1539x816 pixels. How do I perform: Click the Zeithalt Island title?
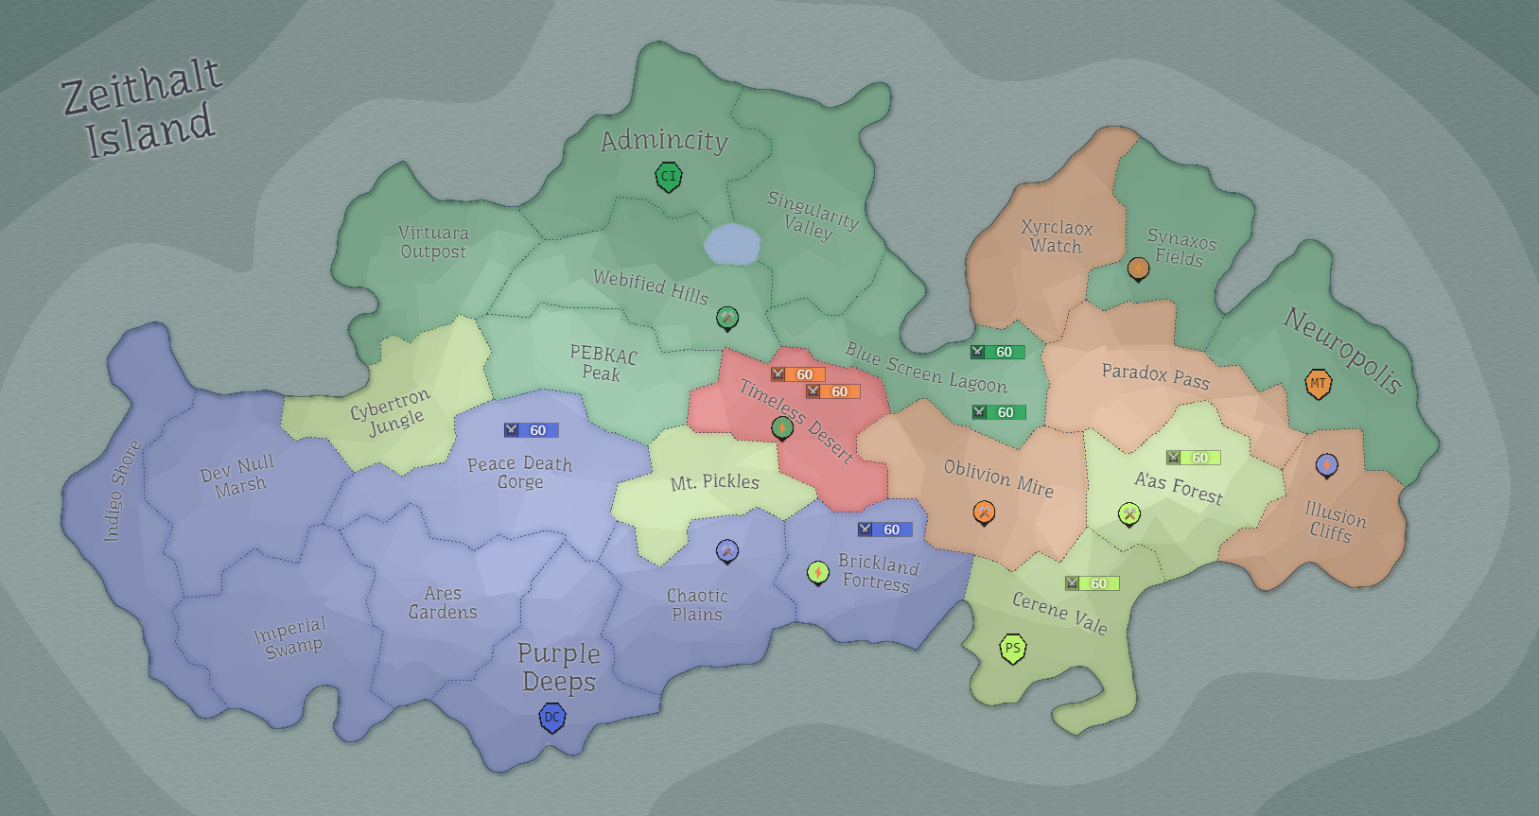pos(142,108)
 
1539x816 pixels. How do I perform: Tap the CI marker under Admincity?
pos(669,176)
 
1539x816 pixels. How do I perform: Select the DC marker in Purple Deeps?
pos(552,718)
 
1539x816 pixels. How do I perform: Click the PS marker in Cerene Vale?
pos(1013,649)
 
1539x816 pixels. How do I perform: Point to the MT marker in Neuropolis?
pos(1318,383)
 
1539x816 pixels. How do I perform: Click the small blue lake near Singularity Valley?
pos(732,245)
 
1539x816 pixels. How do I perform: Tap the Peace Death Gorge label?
pos(520,472)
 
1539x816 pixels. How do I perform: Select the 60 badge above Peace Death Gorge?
pos(531,430)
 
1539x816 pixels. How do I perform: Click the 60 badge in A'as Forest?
pos(1193,458)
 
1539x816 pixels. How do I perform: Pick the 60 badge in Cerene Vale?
pos(1092,583)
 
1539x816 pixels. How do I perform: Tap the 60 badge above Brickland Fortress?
pos(884,530)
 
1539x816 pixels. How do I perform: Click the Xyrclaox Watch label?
pos(1057,236)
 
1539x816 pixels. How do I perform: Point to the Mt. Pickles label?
pos(715,482)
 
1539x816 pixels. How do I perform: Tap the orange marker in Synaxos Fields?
pos(1139,269)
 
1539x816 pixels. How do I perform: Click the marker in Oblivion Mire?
pos(984,512)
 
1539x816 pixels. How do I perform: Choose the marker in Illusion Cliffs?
pos(1327,464)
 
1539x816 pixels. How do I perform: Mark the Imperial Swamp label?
pos(291,636)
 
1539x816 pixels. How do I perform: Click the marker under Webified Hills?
pos(727,318)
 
